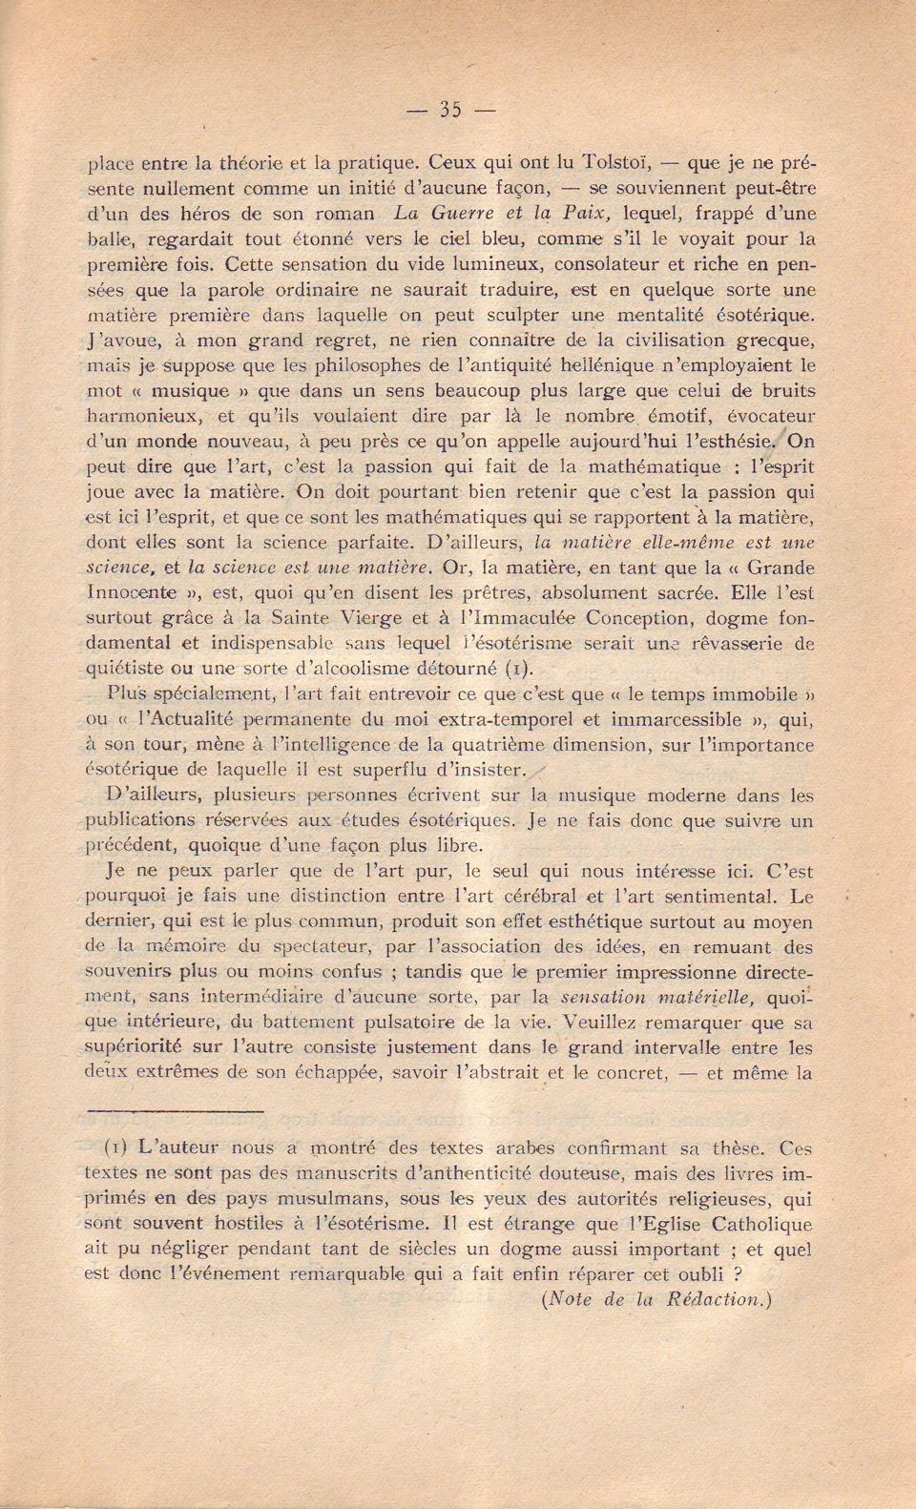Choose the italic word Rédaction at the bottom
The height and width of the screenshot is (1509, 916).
click(x=713, y=1298)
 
